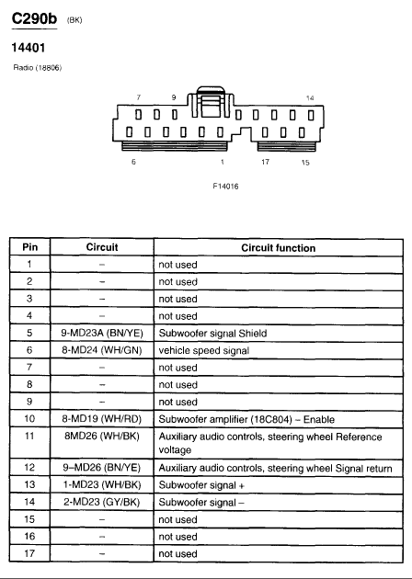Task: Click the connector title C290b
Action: point(34,18)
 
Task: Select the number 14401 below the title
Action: point(29,48)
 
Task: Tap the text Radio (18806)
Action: point(38,68)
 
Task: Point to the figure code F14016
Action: point(225,186)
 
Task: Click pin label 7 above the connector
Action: point(139,97)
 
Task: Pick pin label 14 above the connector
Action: point(310,97)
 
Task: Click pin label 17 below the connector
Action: point(265,162)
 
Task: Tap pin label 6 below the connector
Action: point(133,162)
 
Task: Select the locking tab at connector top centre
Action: point(211,102)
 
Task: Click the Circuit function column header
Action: point(279,248)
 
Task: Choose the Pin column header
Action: point(30,247)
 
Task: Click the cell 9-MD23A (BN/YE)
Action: point(102,333)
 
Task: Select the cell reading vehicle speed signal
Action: point(204,350)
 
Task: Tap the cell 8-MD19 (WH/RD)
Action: point(101,419)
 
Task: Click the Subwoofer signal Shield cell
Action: point(212,333)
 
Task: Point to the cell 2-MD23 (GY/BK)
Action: point(101,502)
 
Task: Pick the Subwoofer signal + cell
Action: point(201,485)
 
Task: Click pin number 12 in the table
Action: point(29,468)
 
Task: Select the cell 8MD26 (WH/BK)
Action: point(102,437)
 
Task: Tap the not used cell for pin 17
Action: point(177,554)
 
